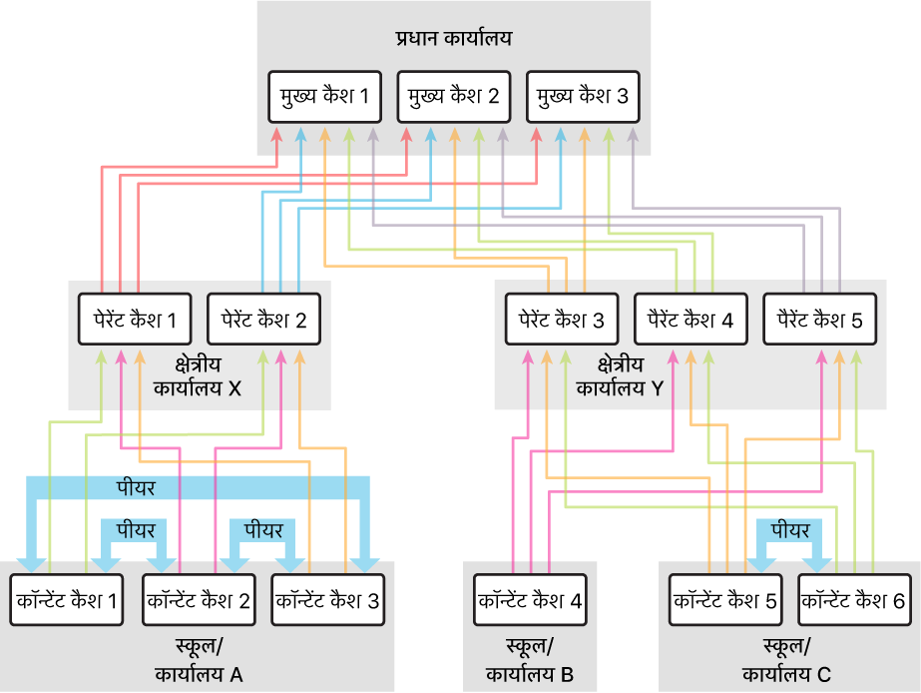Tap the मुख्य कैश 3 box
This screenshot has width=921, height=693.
tap(582, 97)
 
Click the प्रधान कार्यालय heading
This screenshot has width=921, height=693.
tap(453, 40)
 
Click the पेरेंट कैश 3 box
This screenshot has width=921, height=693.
tap(562, 320)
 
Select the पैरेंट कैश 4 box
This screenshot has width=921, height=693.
tap(691, 320)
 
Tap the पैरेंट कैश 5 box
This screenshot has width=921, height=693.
tap(819, 320)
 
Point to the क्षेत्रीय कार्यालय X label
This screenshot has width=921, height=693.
tap(199, 376)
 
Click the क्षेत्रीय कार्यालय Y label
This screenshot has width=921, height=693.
tap(620, 376)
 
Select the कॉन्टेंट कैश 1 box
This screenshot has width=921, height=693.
tap(67, 601)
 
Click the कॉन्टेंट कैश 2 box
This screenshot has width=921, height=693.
tap(198, 601)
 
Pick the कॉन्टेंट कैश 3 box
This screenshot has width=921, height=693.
tap(326, 601)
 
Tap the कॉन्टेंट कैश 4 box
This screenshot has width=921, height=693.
tap(529, 601)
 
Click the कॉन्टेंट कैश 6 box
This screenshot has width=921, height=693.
tap(853, 601)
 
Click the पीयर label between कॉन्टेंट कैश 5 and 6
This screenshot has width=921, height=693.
tap(789, 530)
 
